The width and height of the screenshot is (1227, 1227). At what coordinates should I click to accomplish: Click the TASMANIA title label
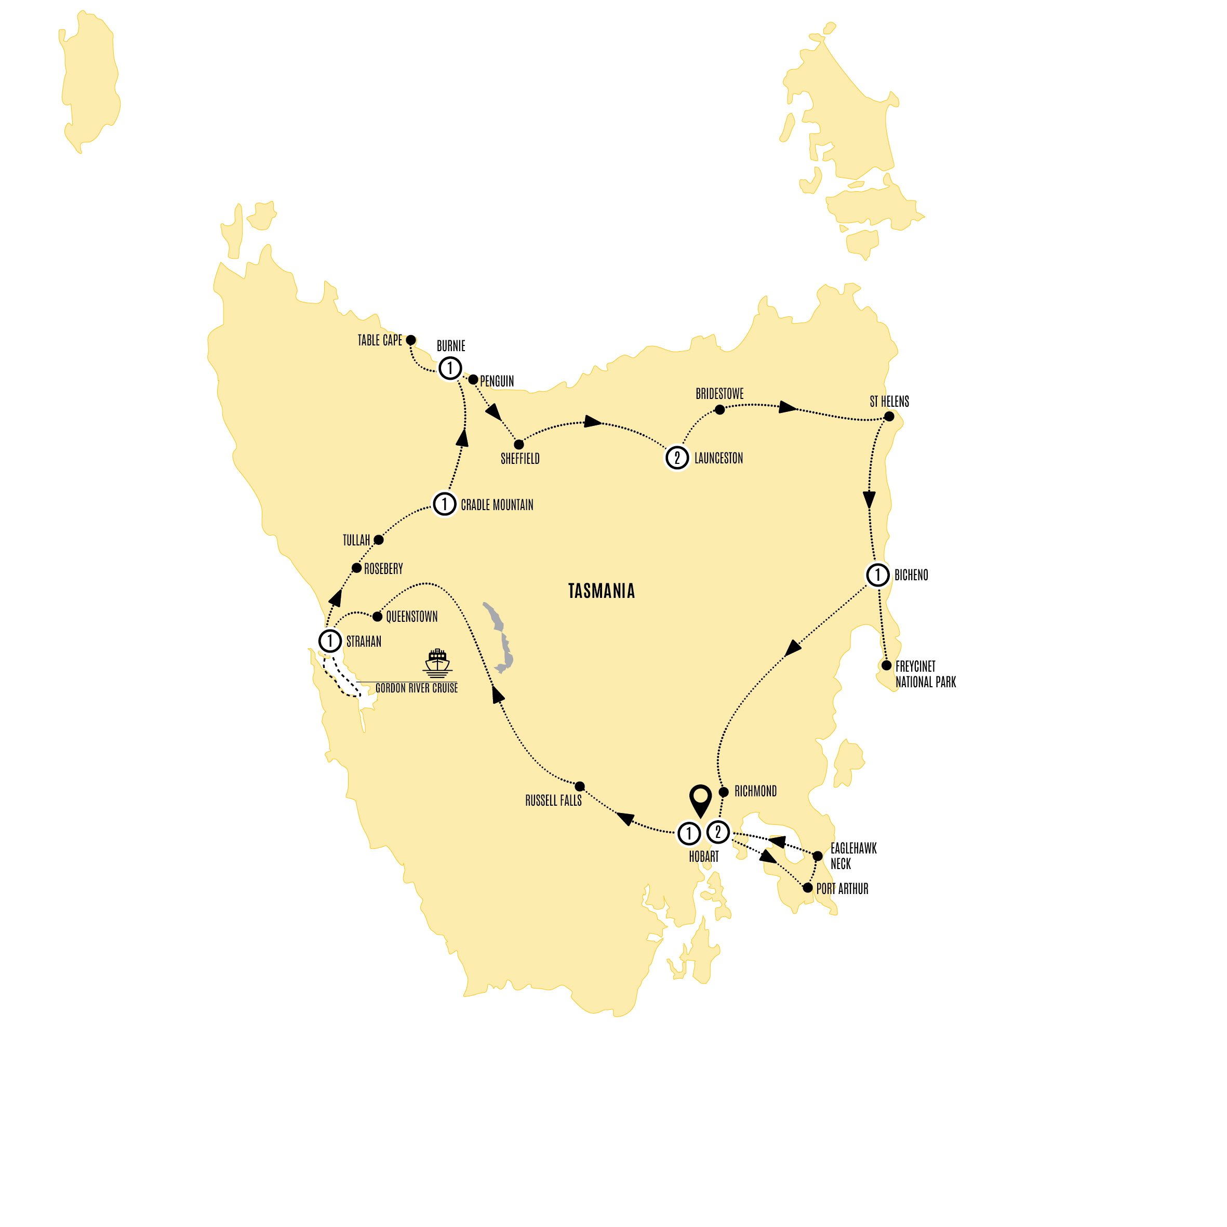[x=601, y=591]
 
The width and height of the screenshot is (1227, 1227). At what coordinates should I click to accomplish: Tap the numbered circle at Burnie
[x=450, y=368]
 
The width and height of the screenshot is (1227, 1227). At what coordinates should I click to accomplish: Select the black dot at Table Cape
[x=411, y=340]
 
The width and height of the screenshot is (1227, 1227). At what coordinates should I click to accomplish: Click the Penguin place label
[x=497, y=381]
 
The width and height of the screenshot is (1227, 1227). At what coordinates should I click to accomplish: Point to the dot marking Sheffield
[x=519, y=445]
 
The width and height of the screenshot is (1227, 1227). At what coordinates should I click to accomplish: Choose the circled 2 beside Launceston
[x=677, y=457]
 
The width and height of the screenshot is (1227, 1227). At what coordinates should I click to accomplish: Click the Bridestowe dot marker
[x=719, y=410]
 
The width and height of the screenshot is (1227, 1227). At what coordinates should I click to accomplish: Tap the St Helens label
[x=889, y=402]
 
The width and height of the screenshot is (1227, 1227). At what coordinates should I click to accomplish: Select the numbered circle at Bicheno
[x=878, y=575]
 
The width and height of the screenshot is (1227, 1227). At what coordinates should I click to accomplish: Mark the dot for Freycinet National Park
[x=887, y=665]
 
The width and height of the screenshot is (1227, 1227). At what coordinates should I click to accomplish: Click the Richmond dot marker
[x=724, y=792]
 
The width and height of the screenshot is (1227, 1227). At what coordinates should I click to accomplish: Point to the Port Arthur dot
[x=808, y=888]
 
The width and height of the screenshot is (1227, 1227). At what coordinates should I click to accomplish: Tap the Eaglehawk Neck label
[x=853, y=856]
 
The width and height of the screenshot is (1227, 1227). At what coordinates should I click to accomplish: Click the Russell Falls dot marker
[x=580, y=786]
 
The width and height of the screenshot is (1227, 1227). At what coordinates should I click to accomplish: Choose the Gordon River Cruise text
[x=416, y=688]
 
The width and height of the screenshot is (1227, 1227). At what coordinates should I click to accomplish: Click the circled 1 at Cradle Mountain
[x=445, y=504]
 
